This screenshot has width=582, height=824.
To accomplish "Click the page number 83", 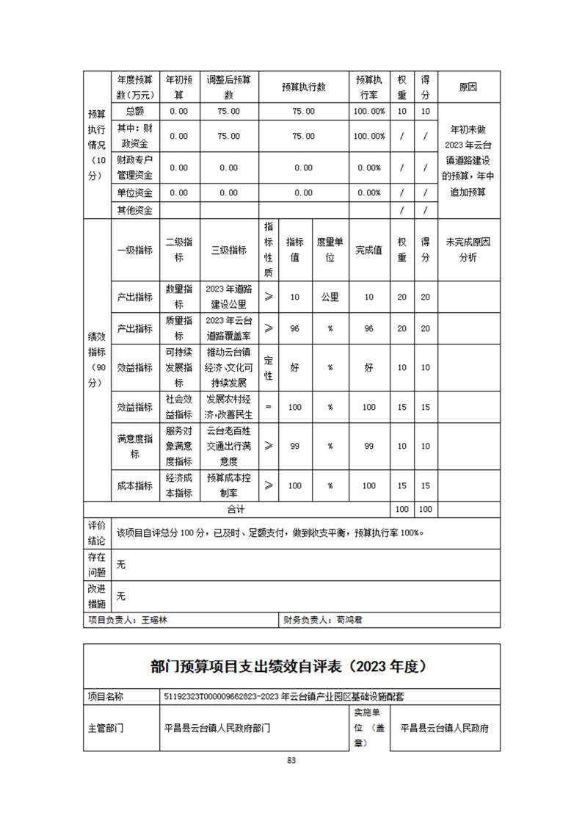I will click(x=291, y=760).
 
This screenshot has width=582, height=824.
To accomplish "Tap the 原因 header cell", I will click(x=468, y=87).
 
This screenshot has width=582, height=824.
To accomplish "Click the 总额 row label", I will click(x=134, y=111).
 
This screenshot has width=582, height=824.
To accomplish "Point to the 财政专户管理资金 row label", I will click(x=134, y=167).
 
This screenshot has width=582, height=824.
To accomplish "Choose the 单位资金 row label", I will click(x=134, y=192).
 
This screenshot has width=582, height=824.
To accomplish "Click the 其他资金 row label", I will click(x=134, y=211).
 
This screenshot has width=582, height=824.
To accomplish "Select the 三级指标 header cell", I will click(x=229, y=250).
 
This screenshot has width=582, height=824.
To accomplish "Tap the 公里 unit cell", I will click(x=330, y=297).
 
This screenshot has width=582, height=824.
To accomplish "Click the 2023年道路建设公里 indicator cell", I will click(x=229, y=297).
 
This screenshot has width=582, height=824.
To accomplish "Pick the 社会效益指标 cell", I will click(x=179, y=407).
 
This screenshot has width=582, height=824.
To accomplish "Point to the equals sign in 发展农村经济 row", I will click(x=268, y=407).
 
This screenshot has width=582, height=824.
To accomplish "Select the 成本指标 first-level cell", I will click(x=134, y=485).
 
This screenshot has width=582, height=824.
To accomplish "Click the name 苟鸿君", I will click(x=349, y=619).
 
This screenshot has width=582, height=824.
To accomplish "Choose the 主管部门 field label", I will click(x=106, y=729).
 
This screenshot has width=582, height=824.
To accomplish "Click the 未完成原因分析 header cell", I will click(x=468, y=250).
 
